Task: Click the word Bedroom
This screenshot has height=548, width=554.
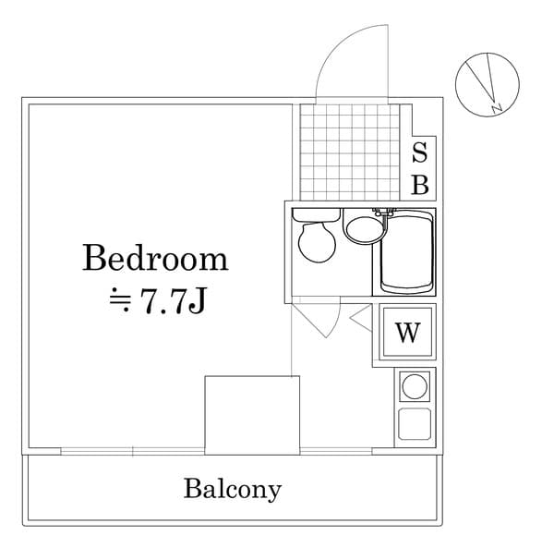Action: pyautogui.click(x=155, y=258)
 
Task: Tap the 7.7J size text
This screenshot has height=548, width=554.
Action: pyautogui.click(x=172, y=302)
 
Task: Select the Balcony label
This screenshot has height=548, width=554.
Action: pyautogui.click(x=232, y=488)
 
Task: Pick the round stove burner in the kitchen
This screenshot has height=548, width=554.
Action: pyautogui.click(x=414, y=384)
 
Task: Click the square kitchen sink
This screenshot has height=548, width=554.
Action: pyautogui.click(x=414, y=423)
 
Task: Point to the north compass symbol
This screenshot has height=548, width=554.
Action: pyautogui.click(x=482, y=85)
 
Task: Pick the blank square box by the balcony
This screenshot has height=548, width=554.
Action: pyautogui.click(x=252, y=414)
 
